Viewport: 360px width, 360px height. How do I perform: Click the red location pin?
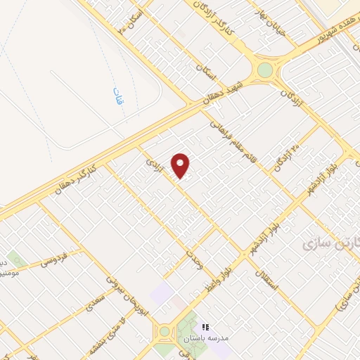[x=181, y=165]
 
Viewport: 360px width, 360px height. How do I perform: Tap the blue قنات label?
[x=117, y=96]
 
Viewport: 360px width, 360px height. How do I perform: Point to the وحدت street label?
[x=195, y=259]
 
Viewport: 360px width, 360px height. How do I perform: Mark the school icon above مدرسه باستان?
[x=205, y=327]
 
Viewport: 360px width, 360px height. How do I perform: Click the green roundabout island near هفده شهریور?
[x=265, y=70]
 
